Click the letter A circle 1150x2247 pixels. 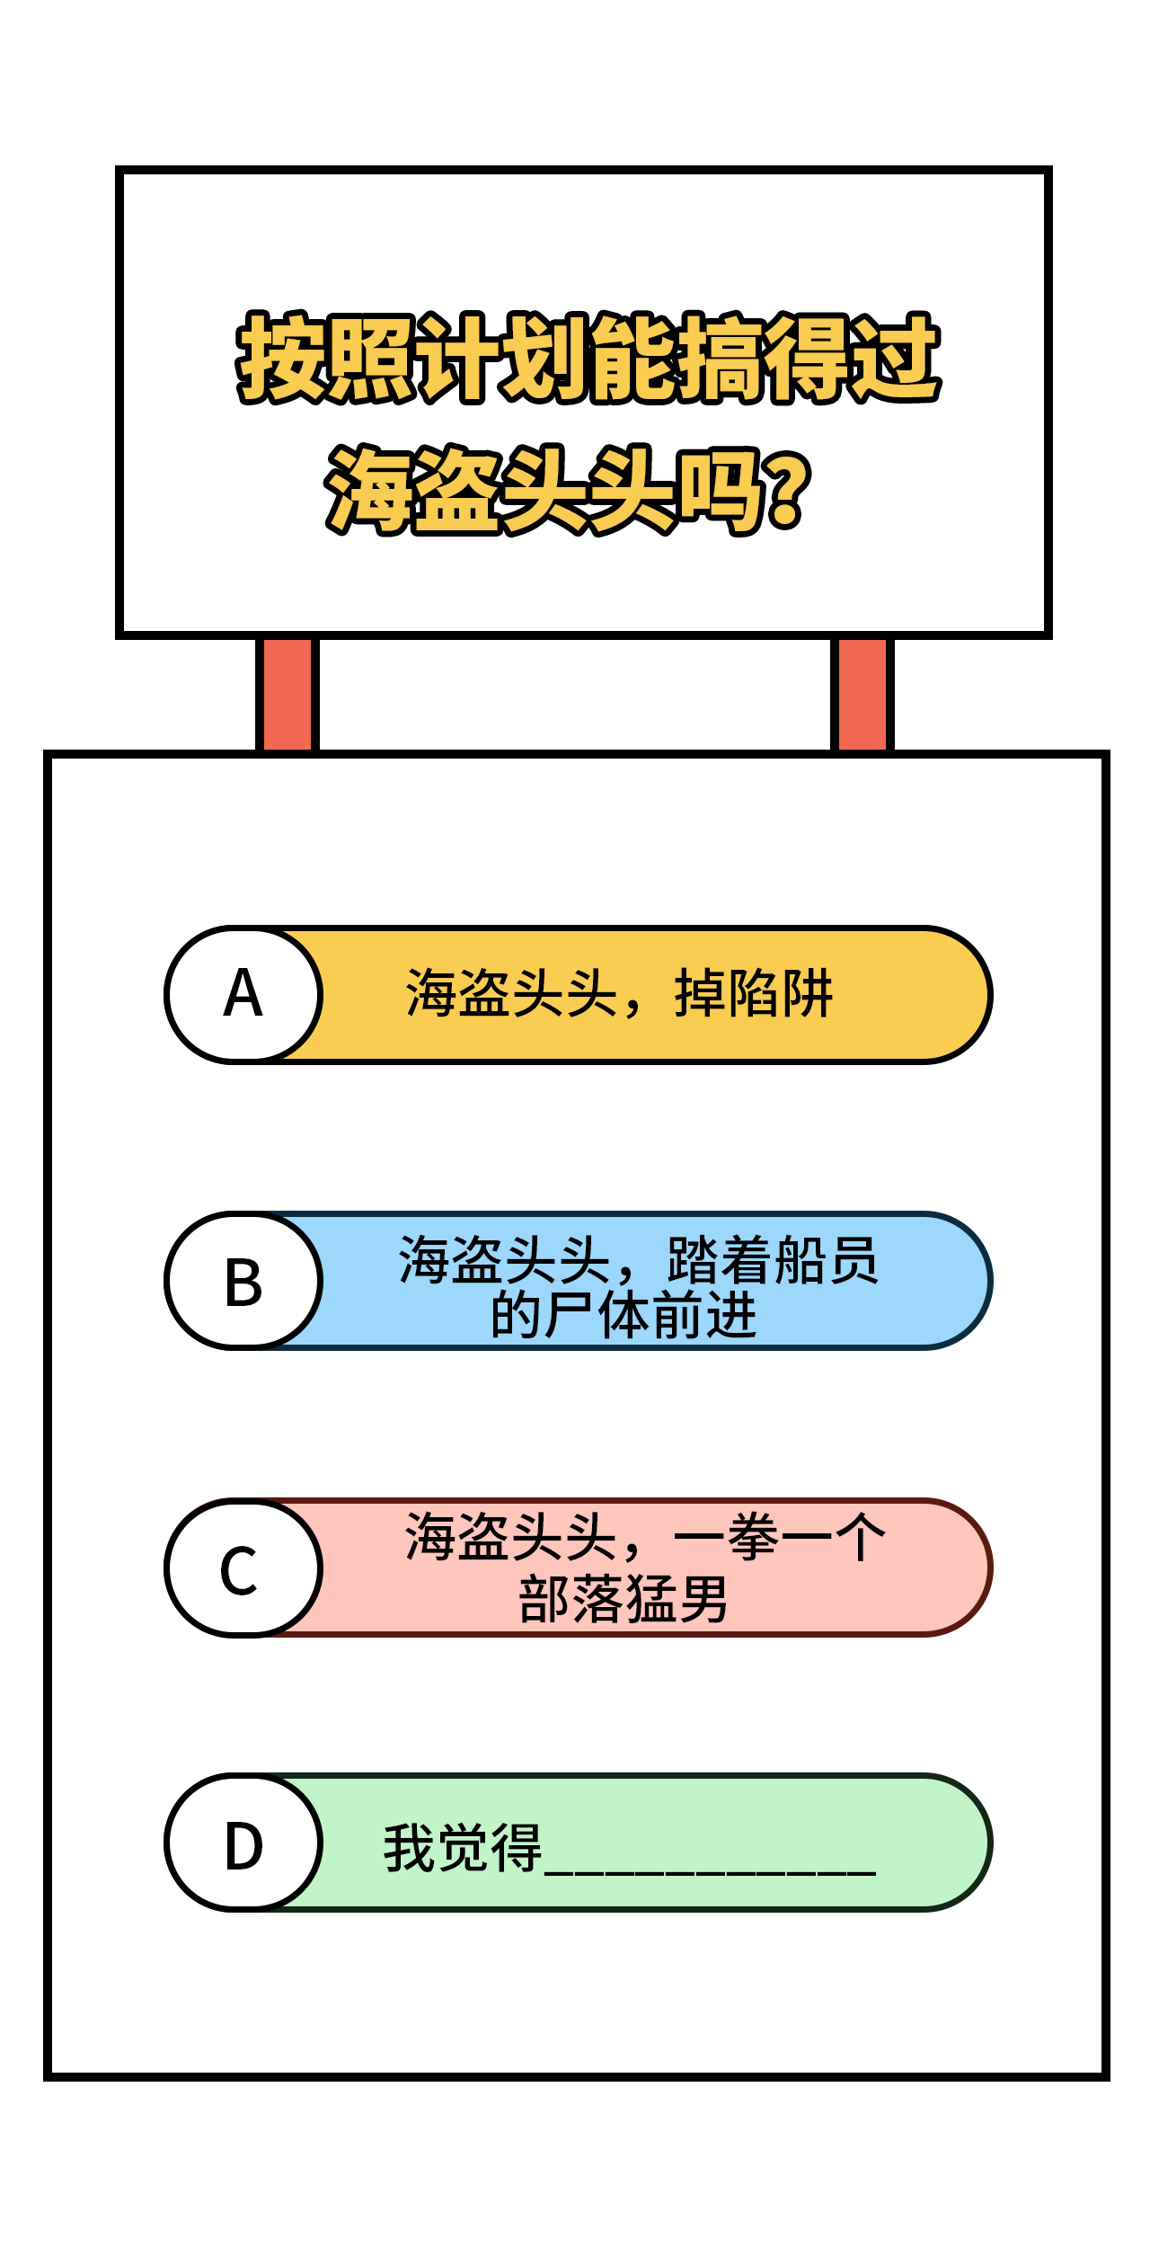(x=243, y=995)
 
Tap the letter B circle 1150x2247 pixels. (x=243, y=1281)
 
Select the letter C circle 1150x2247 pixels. (x=243, y=1568)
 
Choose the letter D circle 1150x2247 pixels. (x=243, y=1842)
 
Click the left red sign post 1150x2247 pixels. (x=287, y=694)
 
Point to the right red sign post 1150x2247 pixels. (x=862, y=694)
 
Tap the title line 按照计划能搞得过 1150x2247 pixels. (x=588, y=358)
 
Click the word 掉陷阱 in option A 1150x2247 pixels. (x=754, y=993)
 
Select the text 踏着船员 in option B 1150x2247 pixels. (x=773, y=1260)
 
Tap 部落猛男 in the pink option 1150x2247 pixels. (x=624, y=1599)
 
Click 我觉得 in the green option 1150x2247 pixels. (x=463, y=1848)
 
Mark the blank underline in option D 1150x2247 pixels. (x=710, y=1873)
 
